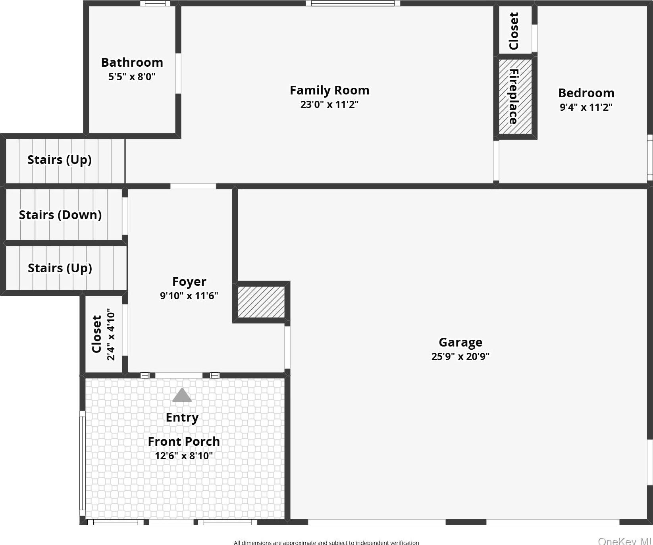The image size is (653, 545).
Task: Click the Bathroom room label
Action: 132,62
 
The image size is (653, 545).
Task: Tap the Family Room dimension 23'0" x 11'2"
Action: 329,104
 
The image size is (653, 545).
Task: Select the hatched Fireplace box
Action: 515,96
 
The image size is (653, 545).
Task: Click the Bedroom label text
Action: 586,93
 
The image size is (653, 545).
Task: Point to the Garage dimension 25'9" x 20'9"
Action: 460,356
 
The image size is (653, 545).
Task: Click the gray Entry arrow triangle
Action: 182,395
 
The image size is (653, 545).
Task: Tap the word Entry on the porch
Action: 182,417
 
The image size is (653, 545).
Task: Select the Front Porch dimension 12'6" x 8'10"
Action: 183,456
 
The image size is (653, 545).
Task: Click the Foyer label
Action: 189,281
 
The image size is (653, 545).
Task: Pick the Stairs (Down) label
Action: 60,215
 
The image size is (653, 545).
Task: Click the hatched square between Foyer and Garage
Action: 261,302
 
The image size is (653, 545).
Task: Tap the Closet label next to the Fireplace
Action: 513,31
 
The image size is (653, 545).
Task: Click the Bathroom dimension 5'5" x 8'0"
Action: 132,77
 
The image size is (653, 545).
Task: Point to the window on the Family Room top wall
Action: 353,4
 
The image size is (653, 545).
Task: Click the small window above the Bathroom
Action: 155,4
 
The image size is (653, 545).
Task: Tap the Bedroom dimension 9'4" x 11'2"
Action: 586,107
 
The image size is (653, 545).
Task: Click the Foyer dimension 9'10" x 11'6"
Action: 189,296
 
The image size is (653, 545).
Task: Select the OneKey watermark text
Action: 624,541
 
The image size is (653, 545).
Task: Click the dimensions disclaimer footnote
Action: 326,542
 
